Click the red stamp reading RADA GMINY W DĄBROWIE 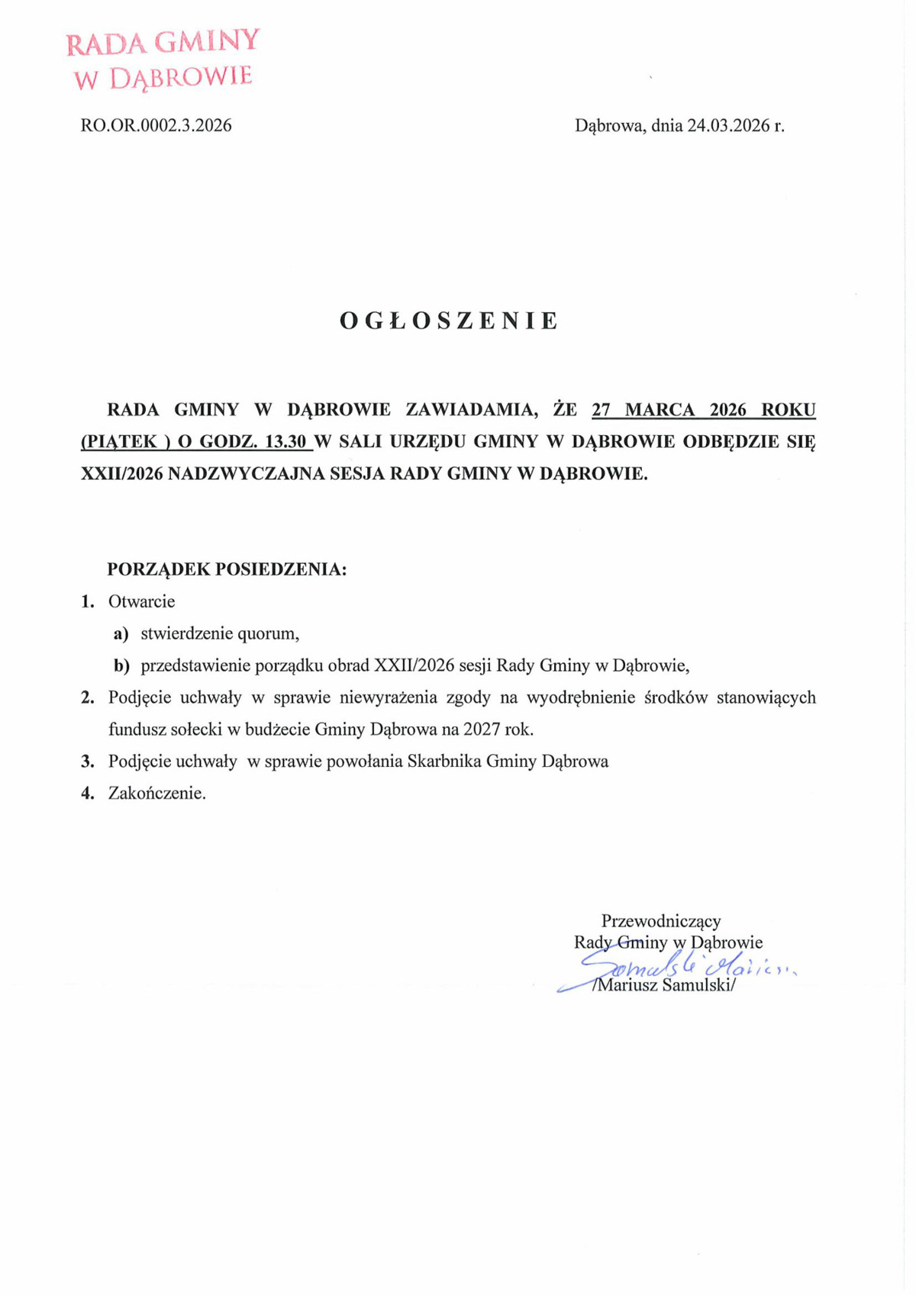pyautogui.click(x=162, y=59)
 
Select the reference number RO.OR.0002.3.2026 pyautogui.click(x=156, y=125)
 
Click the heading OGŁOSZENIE pyautogui.click(x=449, y=321)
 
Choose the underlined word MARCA pyautogui.click(x=660, y=410)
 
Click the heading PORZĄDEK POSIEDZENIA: pyautogui.click(x=227, y=569)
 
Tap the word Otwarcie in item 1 pyautogui.click(x=141, y=601)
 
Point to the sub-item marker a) pyautogui.click(x=121, y=633)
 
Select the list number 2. pyautogui.click(x=87, y=697)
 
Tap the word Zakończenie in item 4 pyautogui.click(x=156, y=793)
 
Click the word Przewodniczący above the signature pyautogui.click(x=661, y=921)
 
